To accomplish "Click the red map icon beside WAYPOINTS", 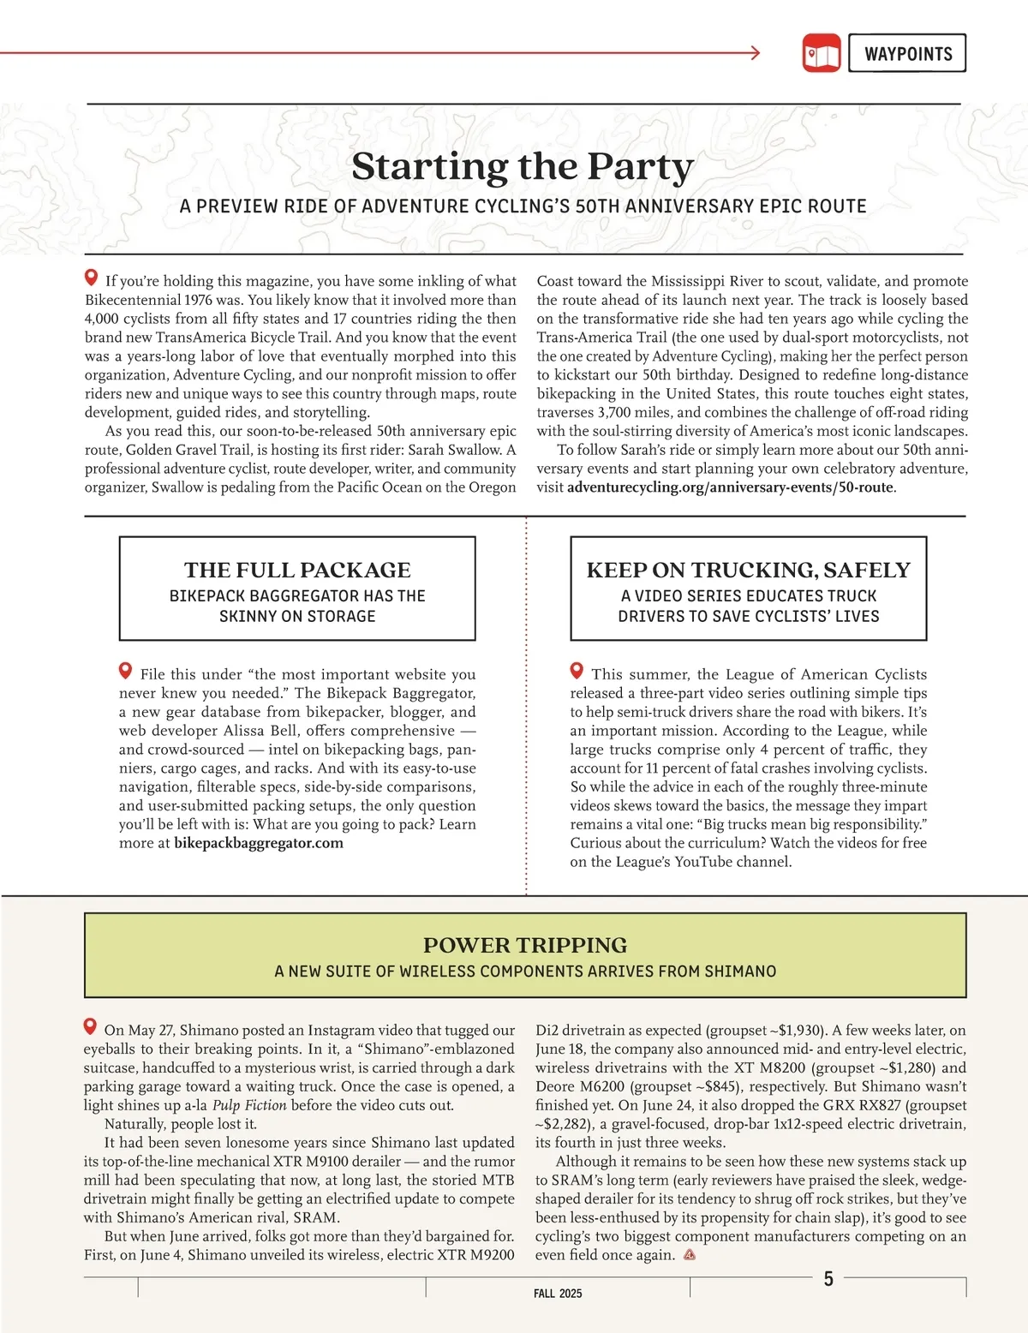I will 822,53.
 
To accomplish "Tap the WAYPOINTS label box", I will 907,53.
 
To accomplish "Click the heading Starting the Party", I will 523,166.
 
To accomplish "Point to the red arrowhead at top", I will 755,53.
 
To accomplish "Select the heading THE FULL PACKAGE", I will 297,571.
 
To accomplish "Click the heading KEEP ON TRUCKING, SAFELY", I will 748,571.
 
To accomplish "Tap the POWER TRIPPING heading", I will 525,945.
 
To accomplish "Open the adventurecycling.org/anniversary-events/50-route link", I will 730,487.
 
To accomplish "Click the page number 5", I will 828,1279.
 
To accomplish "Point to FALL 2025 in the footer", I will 558,1294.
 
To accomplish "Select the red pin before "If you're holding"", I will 91,278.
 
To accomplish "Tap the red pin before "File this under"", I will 126,671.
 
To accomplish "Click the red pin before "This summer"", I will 577,671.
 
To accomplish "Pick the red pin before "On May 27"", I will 90,1026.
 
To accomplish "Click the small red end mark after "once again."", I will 690,1256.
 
